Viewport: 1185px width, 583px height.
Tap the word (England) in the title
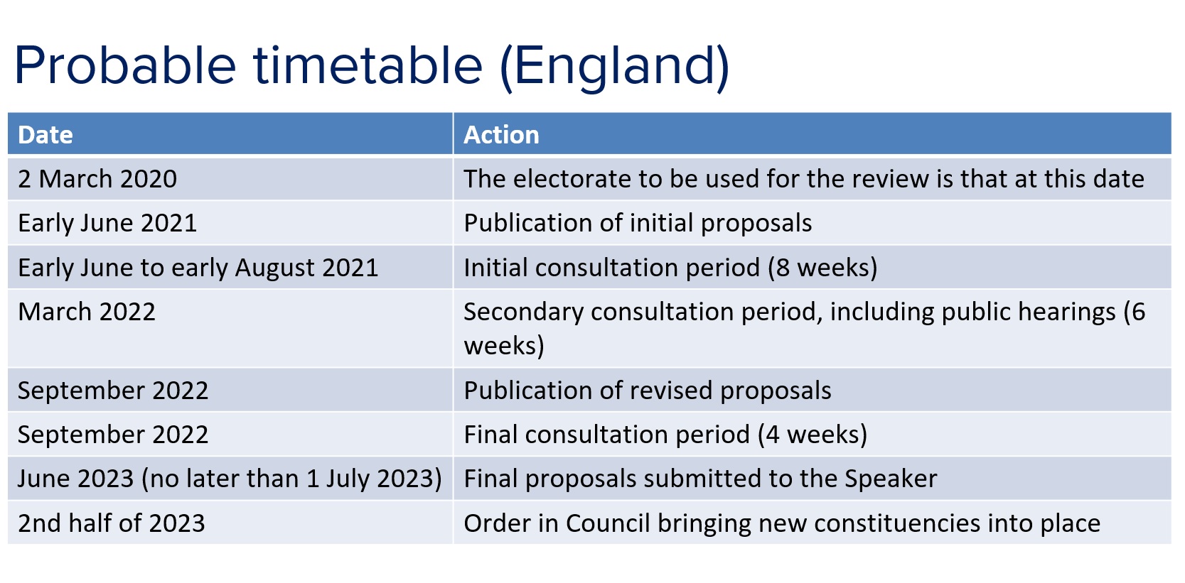(x=615, y=67)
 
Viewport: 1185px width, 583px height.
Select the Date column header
(x=45, y=135)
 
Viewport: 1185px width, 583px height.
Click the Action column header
(x=501, y=135)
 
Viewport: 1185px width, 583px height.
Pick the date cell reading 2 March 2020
(x=97, y=179)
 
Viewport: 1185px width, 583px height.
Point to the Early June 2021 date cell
(x=107, y=223)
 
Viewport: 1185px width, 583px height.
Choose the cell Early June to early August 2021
(x=198, y=268)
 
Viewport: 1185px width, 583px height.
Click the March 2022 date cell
(x=87, y=311)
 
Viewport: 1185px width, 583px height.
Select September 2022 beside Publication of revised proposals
(x=113, y=391)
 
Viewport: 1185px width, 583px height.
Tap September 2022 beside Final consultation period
(x=113, y=435)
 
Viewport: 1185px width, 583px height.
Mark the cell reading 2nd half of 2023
(x=111, y=523)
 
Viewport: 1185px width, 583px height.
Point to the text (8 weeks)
(x=822, y=268)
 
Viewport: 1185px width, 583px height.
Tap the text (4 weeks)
(x=813, y=435)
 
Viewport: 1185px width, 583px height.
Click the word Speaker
(x=891, y=479)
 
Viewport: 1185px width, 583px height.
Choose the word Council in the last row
(x=608, y=523)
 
